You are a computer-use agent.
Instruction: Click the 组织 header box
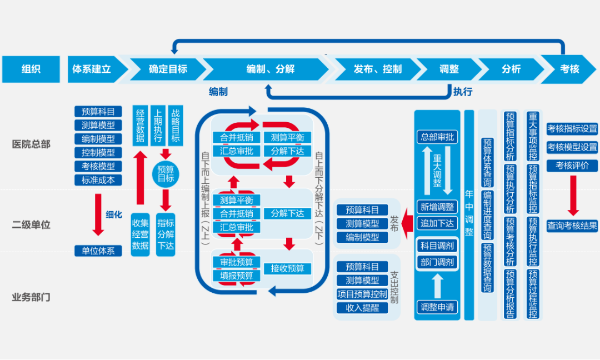[x=31, y=69]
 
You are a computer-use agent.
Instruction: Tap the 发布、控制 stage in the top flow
[x=377, y=69]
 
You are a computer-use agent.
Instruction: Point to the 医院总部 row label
[x=31, y=144]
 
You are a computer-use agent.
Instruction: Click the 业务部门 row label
[x=31, y=297]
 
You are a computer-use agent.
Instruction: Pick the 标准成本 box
[x=98, y=180]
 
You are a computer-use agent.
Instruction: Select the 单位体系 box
[x=98, y=251]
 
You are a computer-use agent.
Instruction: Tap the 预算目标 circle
[x=166, y=174]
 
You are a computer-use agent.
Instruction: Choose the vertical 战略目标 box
[x=176, y=126]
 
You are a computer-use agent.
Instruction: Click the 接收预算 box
[x=287, y=269]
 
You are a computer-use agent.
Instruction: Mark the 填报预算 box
[x=237, y=276]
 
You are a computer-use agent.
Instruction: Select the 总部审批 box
[x=437, y=137]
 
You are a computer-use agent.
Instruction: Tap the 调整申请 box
[x=437, y=306]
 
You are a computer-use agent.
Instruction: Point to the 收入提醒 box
[x=362, y=307]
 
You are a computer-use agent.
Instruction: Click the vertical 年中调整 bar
[x=469, y=214]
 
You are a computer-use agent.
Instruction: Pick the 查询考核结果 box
[x=572, y=226]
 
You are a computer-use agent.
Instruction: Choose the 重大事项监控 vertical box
[x=533, y=136]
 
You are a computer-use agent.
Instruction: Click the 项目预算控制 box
[x=362, y=294]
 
